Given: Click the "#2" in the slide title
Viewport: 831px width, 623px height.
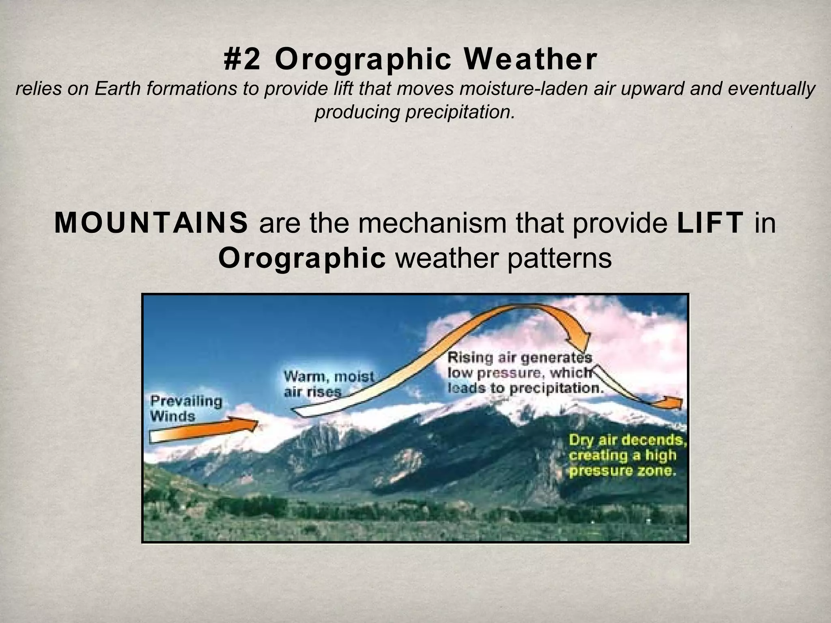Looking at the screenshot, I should pos(242,60).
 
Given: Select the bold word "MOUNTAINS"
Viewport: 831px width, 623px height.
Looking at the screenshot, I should pos(151,223).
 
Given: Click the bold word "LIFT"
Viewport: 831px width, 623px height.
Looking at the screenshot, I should pos(710,223).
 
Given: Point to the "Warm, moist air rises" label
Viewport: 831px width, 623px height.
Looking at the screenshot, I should pos(328,384).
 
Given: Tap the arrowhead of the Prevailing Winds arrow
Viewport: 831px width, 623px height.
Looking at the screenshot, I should pos(248,424).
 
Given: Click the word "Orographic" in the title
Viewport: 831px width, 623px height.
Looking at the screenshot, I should pos(363,60).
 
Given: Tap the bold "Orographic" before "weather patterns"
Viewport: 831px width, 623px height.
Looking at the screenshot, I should pos(302,258).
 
